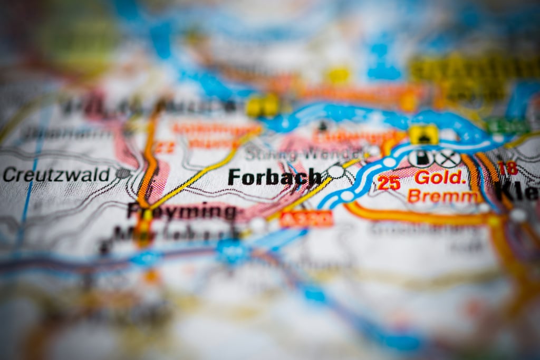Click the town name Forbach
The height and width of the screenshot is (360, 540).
pos(274,177)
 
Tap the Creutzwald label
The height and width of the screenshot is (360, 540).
pos(56,174)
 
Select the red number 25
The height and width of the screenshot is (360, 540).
pos(389,183)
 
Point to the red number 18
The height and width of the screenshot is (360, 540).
pos(507,169)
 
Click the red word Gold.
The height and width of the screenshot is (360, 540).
pos(439,177)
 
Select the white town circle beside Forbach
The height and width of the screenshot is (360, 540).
pos(336,171)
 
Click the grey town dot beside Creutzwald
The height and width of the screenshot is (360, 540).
pos(123,173)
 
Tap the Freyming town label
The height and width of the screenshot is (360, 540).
pos(182,211)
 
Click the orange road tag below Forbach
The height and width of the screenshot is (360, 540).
pos(306,218)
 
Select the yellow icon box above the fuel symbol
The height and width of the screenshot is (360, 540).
pos(423,134)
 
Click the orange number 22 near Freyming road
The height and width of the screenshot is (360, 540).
pos(165,148)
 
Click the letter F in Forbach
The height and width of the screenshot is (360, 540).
pos(234,177)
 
